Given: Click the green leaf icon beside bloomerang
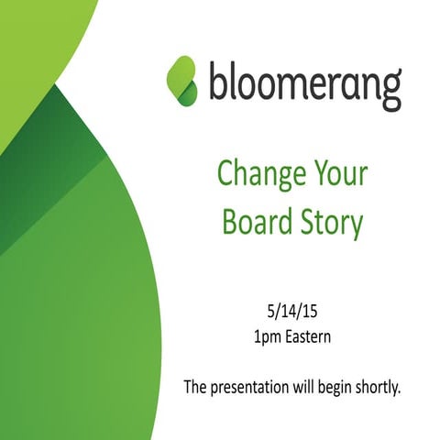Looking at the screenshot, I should [181, 80].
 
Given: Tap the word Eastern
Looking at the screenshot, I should [308, 337].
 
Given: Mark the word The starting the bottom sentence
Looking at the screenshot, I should [196, 386].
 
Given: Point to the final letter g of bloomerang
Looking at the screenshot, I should [390, 88].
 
